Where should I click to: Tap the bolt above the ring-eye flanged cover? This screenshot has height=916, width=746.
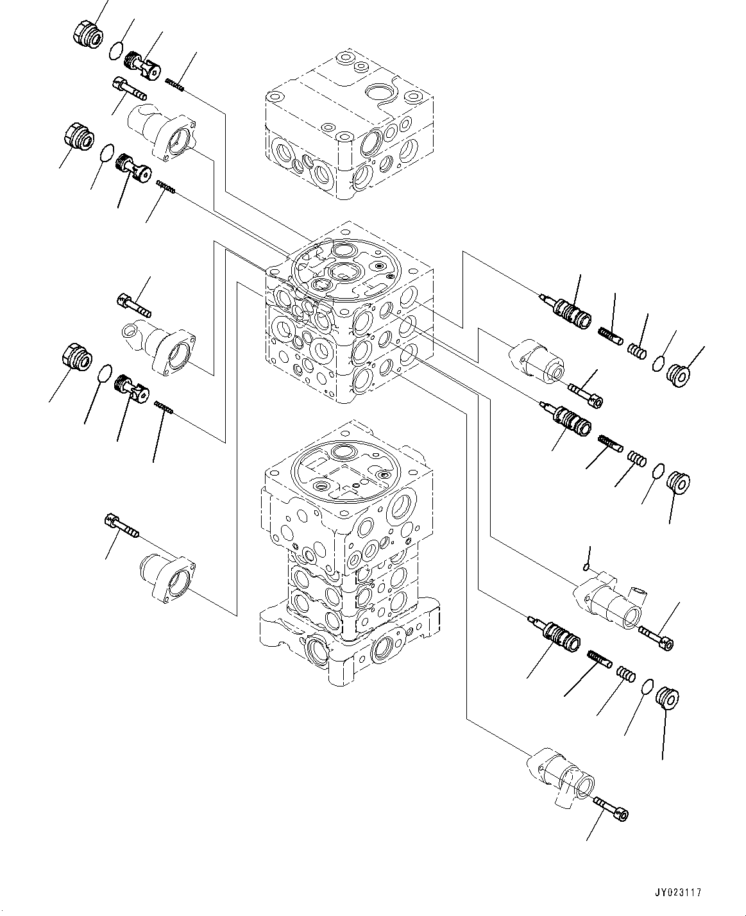pyautogui.click(x=134, y=304)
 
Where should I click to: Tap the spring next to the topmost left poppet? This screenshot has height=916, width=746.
pyautogui.click(x=175, y=83)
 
